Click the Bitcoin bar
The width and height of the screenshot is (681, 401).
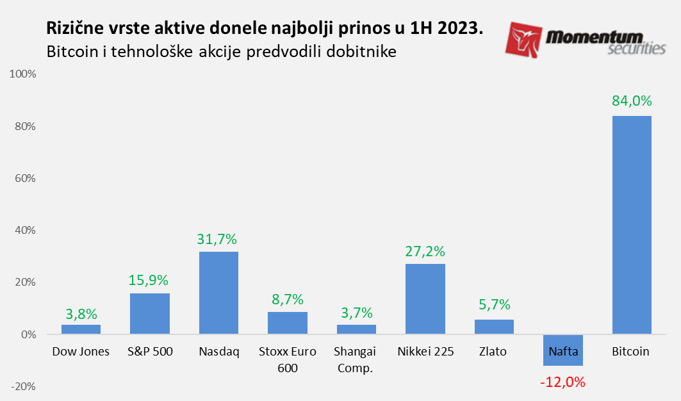click(632, 225)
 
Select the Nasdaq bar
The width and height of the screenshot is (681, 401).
click(218, 293)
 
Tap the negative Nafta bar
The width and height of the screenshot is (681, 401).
click(562, 350)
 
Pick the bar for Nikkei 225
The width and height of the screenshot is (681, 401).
click(425, 299)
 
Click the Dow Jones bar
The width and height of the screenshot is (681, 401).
click(81, 329)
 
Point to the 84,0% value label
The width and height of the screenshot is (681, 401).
click(632, 101)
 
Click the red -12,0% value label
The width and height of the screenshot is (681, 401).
click(562, 382)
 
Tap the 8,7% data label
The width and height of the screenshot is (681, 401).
click(287, 299)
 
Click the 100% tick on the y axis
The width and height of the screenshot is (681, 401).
click(22, 74)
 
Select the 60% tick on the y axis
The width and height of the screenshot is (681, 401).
click(25, 178)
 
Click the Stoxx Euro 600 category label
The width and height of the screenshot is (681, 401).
click(287, 359)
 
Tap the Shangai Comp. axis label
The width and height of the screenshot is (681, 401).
click(356, 359)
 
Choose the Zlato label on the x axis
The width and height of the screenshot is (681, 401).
click(494, 352)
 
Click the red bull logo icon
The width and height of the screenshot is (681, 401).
click(525, 40)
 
